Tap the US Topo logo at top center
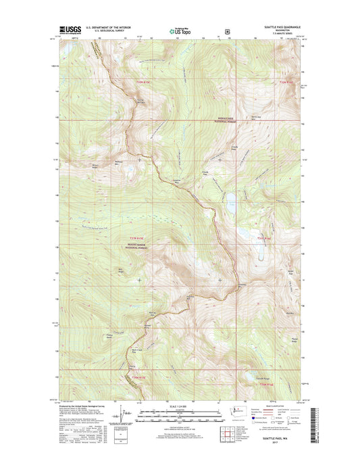(180, 30)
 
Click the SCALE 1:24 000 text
(179, 406)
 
